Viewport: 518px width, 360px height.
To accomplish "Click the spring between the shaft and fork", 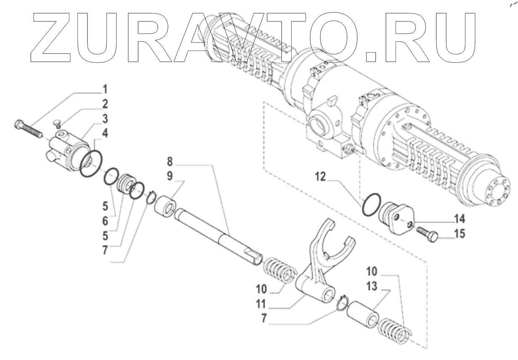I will [x=278, y=270].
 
